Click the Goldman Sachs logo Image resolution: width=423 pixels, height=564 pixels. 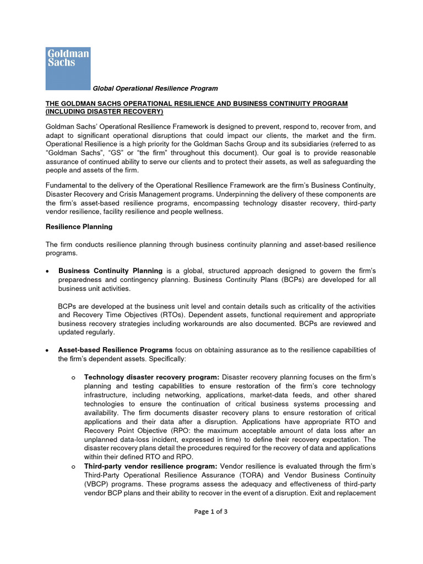point(67,68)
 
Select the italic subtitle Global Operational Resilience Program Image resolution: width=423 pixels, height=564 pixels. point(155,88)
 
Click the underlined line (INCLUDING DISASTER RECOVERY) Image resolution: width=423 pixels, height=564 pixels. point(104,112)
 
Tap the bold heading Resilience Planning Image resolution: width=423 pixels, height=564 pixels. point(79,226)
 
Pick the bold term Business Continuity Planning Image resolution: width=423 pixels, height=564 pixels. point(110,270)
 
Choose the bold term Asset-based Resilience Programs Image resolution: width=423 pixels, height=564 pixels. point(115,350)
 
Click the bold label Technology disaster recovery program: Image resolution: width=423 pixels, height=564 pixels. point(151,377)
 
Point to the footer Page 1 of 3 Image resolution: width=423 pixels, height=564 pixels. point(211,511)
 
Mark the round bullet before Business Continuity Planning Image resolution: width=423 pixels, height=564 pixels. point(48,271)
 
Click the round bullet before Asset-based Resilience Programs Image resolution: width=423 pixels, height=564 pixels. point(48,350)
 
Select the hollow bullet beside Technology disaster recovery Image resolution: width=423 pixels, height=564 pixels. point(73,377)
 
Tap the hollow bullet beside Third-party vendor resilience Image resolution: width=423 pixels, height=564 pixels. point(73,467)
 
